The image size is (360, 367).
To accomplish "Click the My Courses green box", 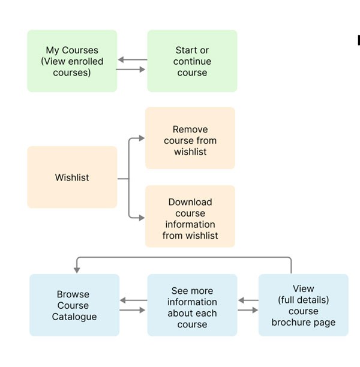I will click(x=72, y=61).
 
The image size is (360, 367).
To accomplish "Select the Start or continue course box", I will click(x=192, y=61).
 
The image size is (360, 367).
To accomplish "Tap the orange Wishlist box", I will click(x=72, y=178).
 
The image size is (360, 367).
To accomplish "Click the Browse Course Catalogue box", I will click(x=74, y=305).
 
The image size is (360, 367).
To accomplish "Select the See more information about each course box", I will click(x=192, y=305).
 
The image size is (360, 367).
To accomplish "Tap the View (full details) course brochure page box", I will click(x=303, y=305).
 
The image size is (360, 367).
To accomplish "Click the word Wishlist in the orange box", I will click(x=72, y=178).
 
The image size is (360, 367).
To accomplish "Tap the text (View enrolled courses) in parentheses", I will click(x=72, y=67).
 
